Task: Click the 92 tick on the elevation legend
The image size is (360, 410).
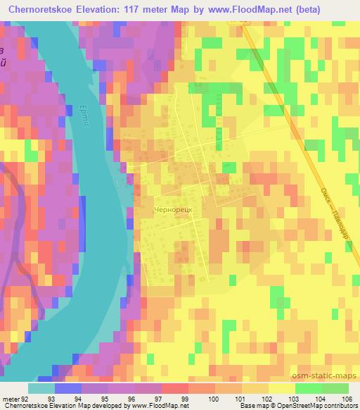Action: point(27,398)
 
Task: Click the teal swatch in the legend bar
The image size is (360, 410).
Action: point(41,388)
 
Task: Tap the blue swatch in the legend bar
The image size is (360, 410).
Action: point(68,388)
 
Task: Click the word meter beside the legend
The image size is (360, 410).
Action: point(10,398)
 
